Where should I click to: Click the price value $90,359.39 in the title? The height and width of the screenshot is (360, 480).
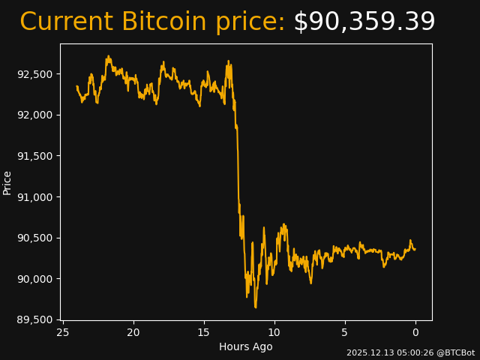[364, 22]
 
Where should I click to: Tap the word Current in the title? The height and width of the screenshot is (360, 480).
[67, 22]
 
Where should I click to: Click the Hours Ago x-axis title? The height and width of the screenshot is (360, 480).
[246, 346]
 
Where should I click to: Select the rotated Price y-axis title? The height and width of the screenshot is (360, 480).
[7, 183]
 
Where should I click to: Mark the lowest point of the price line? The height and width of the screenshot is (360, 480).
[255, 307]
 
